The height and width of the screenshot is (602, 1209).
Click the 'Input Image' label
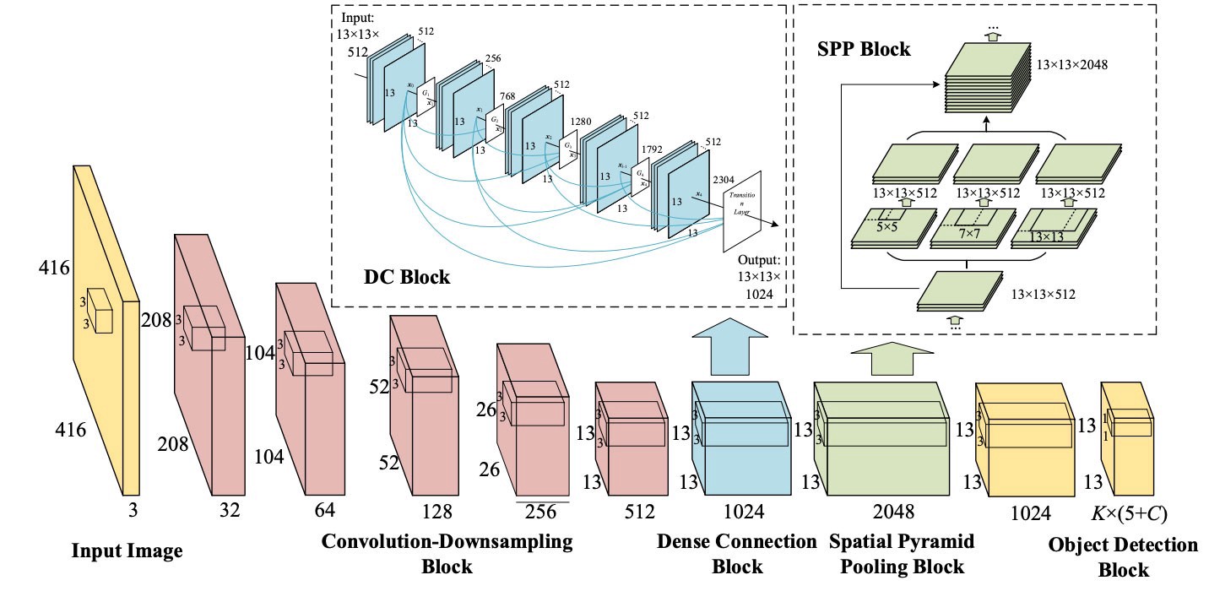coord(127,552)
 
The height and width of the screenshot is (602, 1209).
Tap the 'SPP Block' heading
coord(864,49)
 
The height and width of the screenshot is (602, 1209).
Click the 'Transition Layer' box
coord(743,211)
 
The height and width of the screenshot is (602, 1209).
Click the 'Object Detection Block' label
coord(1122,557)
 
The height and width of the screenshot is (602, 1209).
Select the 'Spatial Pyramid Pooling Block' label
coord(897,554)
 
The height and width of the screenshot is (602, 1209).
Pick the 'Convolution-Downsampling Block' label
coord(447,553)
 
